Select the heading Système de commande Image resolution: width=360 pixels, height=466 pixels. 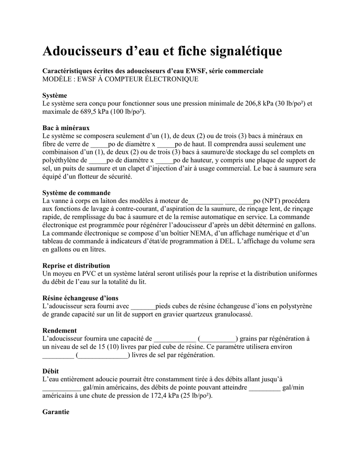76,193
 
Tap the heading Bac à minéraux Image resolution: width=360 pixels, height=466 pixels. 66,128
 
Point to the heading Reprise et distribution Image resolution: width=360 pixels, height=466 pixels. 76,266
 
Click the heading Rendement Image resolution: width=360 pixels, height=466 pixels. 59,330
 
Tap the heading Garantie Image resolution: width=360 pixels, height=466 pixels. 56,412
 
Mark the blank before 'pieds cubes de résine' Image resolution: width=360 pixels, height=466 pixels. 143,306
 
